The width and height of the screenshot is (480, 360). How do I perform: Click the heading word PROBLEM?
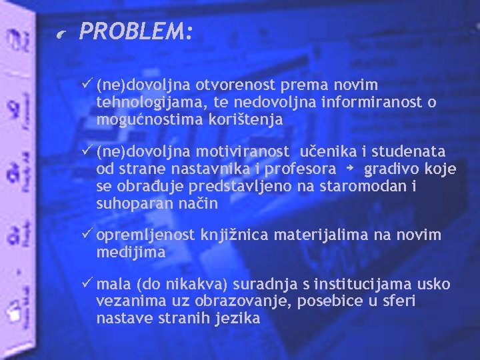pos(136,31)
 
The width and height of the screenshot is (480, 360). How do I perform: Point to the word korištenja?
pos(247,120)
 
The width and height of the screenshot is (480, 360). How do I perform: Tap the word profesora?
pos(301,169)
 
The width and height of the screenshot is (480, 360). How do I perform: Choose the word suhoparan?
pos(129,204)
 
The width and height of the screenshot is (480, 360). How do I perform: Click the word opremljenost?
pos(145,235)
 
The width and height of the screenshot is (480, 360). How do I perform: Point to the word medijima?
pos(131,253)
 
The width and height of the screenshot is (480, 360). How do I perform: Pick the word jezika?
pos(238,319)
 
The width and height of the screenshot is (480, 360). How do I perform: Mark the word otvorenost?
pos(235,85)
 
